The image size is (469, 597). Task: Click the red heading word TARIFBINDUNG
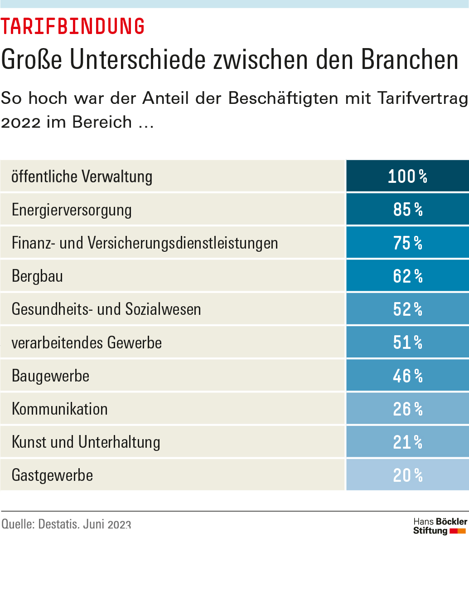pos(73,26)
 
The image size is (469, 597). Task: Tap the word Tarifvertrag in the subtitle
pos(422,98)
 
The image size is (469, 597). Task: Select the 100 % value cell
pos(407,176)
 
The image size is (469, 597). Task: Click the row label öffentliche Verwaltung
pos(82,176)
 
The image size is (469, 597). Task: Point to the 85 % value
pos(407,209)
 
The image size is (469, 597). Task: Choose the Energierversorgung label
pos(72,210)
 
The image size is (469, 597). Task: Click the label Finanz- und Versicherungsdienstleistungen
pos(145,243)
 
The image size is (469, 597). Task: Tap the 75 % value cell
pos(407,243)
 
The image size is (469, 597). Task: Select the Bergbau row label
pos(37,276)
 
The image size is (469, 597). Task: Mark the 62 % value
pos(407,276)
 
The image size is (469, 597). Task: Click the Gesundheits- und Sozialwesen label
pos(106,309)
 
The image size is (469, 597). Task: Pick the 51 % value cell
pos(407,342)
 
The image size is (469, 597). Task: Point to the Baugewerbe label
pos(50,376)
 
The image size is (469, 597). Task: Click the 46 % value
pos(407,376)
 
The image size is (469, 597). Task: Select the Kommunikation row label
pos(59,409)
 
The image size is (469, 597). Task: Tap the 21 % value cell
pos(407,442)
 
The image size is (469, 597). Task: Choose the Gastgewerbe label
pos(52,475)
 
